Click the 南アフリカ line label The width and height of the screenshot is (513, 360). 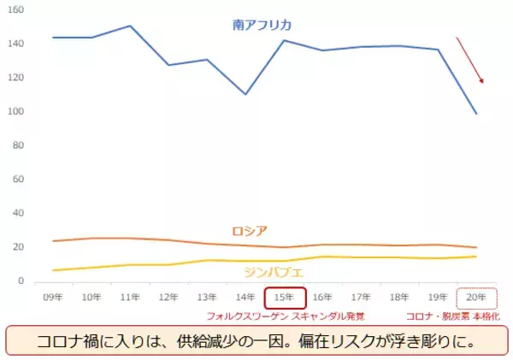262,27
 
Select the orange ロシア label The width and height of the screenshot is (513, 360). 250,231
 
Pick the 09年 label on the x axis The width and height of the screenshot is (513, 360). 53,298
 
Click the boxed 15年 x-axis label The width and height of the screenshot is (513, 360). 286,298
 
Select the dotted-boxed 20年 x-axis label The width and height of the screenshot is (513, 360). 477,298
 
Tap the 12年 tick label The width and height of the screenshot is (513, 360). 169,298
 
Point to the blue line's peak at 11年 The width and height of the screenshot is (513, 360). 130,26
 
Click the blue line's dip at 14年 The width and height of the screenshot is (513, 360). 246,94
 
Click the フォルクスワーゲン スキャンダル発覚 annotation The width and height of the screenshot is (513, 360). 286,316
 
